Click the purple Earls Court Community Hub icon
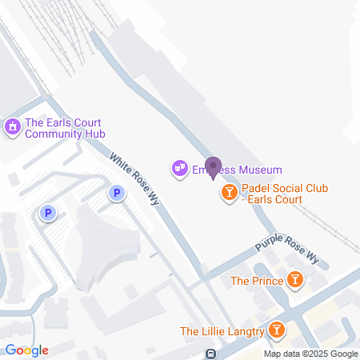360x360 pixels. tap(12, 126)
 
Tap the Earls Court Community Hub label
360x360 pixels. tap(65, 128)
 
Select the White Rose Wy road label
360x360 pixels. tap(135, 179)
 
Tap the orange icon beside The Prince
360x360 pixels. tap(296, 280)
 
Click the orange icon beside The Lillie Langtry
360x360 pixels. tap(277, 330)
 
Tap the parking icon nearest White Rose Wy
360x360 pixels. tap(117, 193)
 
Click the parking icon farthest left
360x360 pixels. tap(48, 213)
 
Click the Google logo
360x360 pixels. tap(26, 350)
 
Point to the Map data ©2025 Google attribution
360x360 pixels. tap(311, 354)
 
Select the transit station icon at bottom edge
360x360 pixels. tap(210, 354)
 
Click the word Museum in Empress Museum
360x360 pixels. tap(258, 170)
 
